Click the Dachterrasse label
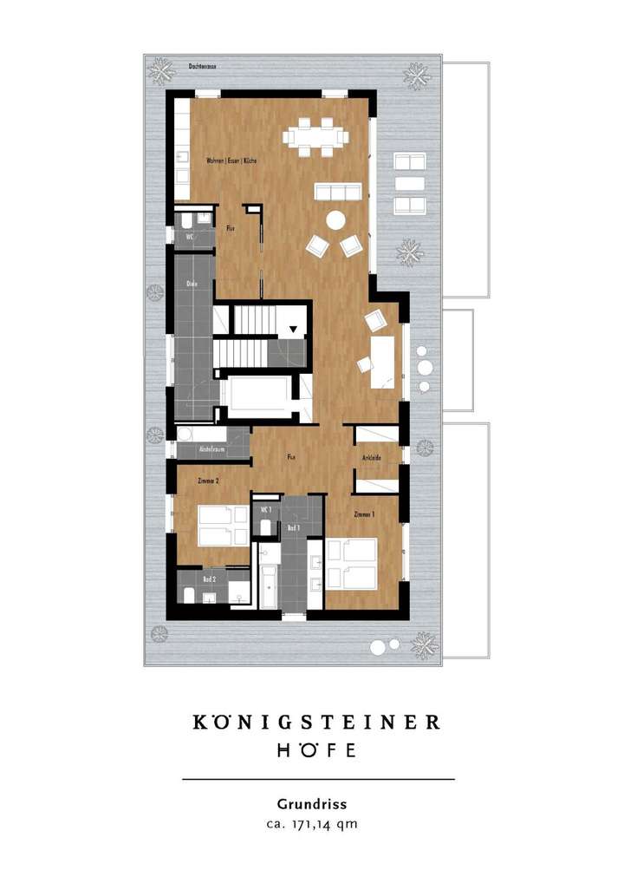point(205,65)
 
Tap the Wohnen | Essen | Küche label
point(231,161)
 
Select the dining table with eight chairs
point(315,137)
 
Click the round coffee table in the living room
point(335,220)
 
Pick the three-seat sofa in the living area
point(336,192)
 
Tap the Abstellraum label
point(212,451)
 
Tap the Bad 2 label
point(210,578)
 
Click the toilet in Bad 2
point(189,594)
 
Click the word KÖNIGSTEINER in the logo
point(317,723)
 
